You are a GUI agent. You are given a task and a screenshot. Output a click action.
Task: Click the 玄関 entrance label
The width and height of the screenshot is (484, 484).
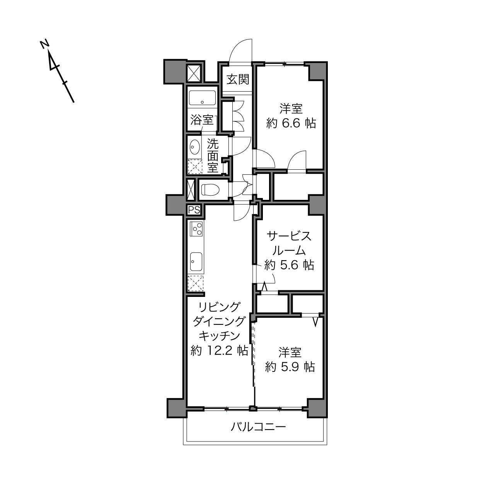(x=238, y=80)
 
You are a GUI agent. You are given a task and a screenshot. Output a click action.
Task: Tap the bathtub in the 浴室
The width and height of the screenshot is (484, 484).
(x=202, y=98)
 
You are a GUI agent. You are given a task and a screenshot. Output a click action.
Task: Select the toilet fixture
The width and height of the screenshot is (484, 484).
(x=210, y=190)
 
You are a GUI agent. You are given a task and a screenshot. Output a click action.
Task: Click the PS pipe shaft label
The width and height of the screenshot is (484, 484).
(x=194, y=210)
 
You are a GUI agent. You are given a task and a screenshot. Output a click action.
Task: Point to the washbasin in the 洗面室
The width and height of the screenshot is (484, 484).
(x=195, y=147)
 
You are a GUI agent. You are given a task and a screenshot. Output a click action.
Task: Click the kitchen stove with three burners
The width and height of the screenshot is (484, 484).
(x=196, y=229)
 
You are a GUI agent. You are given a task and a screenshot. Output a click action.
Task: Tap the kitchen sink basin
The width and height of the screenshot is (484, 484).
(x=196, y=261)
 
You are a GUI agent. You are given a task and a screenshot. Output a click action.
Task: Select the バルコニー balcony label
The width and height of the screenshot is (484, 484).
(x=259, y=427)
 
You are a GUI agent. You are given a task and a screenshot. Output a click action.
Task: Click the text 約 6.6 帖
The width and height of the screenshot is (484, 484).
(x=291, y=123)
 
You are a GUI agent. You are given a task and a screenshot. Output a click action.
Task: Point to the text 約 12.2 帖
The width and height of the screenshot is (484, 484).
(x=219, y=350)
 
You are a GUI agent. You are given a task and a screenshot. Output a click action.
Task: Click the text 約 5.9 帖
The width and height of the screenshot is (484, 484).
(x=290, y=367)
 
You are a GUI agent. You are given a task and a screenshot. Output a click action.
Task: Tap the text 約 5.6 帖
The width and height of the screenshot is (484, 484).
(x=289, y=265)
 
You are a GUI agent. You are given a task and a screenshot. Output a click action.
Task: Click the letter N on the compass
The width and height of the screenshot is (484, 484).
(x=44, y=44)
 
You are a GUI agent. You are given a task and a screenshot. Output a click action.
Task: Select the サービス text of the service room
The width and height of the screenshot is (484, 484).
(x=289, y=236)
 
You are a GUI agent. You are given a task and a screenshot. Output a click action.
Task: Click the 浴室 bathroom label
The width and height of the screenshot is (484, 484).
(x=202, y=120)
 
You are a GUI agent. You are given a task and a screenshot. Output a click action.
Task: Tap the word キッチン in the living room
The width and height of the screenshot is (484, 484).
(x=219, y=336)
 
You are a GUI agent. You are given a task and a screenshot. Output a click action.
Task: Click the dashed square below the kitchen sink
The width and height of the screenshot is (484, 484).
(x=196, y=283)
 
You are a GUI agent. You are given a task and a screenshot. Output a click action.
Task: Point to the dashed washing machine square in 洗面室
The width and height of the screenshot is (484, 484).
(x=195, y=167)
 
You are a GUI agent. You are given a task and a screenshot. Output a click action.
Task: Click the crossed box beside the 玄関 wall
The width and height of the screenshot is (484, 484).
(x=194, y=73)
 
